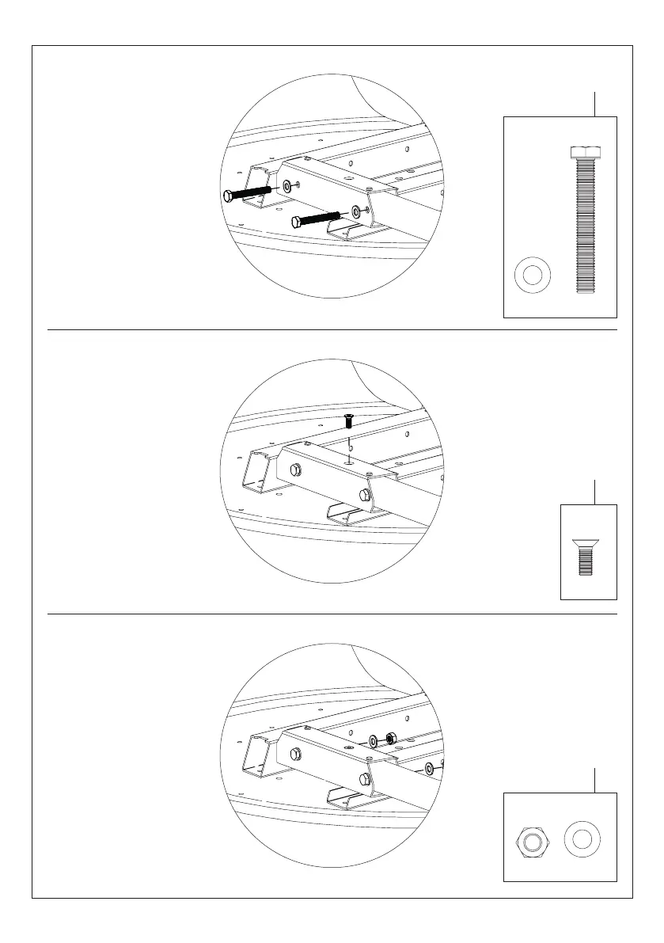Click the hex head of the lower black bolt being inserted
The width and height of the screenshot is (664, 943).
tap(296, 221)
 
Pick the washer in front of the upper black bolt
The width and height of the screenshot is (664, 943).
tap(286, 187)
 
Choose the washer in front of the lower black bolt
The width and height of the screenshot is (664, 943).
tap(355, 211)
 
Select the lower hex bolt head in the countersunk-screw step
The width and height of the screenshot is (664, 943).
tap(363, 495)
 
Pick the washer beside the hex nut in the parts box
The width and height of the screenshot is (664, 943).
tap(582, 838)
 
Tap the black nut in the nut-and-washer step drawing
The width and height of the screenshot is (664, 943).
tap(390, 739)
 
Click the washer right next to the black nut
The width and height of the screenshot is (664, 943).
tap(374, 742)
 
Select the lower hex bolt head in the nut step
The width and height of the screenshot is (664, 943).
tap(363, 778)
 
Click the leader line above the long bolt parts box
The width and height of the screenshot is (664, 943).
tap(594, 105)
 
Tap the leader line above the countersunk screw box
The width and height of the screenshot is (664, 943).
tap(594, 492)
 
